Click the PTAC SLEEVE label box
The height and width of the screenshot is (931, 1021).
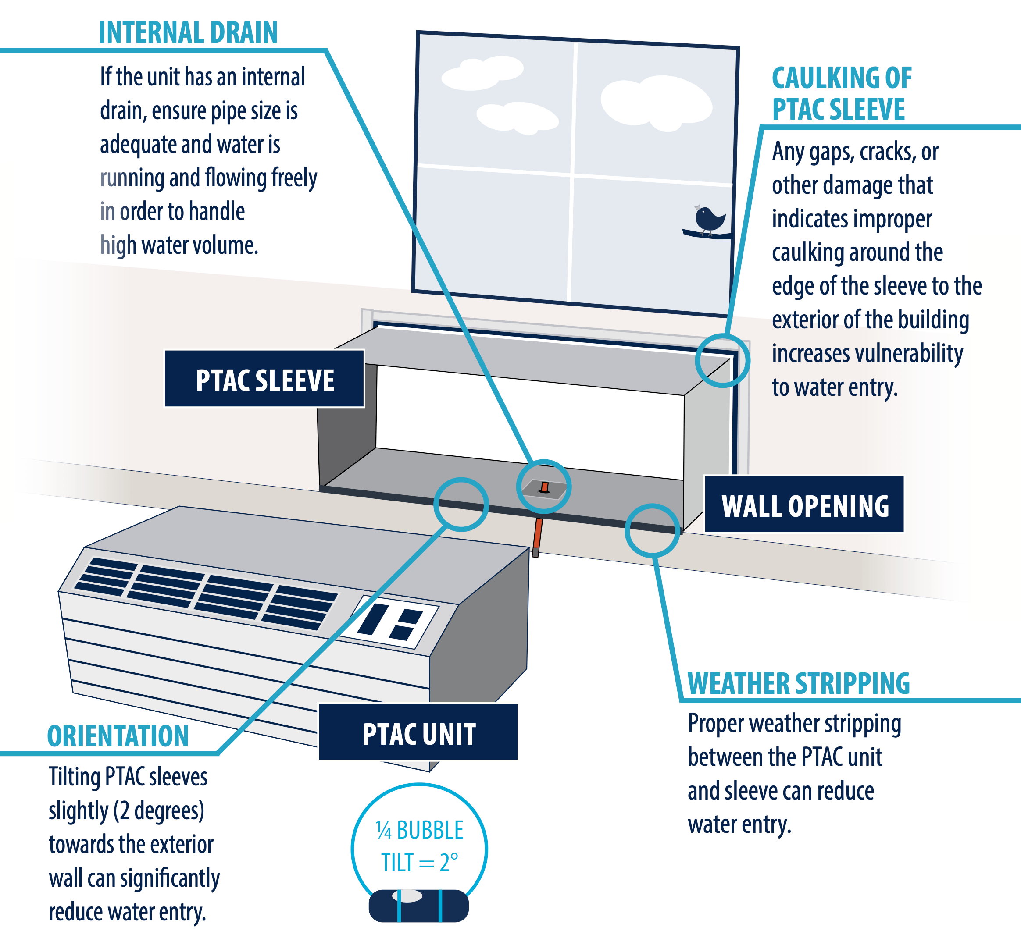(x=264, y=379)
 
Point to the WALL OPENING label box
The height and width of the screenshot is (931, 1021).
(x=804, y=505)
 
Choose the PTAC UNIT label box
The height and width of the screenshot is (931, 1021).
(x=418, y=732)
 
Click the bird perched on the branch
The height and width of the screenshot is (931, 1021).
(x=709, y=218)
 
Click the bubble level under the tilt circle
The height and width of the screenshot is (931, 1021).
(x=418, y=906)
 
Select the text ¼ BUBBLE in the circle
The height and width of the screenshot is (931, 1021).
(x=419, y=830)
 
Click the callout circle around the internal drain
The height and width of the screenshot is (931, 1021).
(x=544, y=487)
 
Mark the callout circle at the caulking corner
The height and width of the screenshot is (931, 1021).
(x=722, y=361)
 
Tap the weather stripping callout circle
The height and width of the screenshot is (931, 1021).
(x=652, y=530)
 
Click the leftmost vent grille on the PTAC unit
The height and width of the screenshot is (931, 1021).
(x=106, y=577)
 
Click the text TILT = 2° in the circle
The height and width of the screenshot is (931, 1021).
(x=419, y=863)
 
